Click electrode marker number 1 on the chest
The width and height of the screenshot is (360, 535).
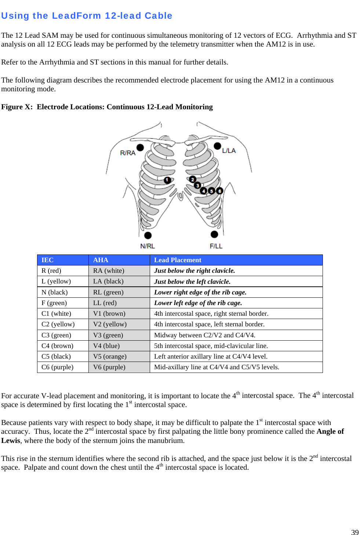(167, 180)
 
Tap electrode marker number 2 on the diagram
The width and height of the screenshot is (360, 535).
(193, 179)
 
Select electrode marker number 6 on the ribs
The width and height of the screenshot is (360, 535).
(219, 191)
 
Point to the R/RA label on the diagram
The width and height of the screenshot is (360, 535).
(128, 153)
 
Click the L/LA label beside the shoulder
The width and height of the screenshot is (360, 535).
(229, 151)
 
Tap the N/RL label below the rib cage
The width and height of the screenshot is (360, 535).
(148, 246)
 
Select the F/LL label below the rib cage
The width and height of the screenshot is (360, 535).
(216, 246)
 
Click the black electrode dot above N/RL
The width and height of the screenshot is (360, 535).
(148, 235)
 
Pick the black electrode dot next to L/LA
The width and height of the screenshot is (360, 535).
(217, 146)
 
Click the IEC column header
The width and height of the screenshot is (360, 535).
(48, 260)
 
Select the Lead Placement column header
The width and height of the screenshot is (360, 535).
(178, 260)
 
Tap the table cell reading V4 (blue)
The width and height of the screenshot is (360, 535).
(106, 346)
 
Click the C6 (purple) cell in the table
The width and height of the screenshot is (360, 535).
(58, 367)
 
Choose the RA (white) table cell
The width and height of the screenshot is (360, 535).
(109, 271)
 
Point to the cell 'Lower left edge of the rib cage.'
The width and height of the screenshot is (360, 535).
(198, 303)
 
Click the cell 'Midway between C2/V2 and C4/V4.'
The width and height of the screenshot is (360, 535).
(205, 335)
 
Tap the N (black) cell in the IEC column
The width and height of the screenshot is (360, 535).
(55, 292)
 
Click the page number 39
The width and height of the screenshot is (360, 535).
(355, 532)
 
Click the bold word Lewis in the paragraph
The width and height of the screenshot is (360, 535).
(10, 440)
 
